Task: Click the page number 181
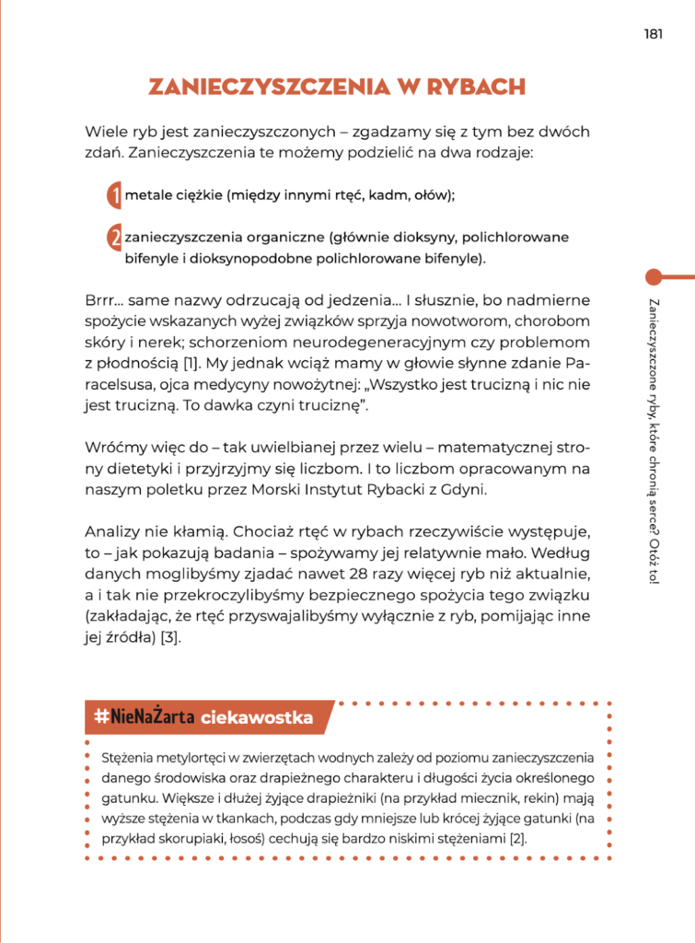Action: click(654, 34)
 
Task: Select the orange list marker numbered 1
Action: click(114, 195)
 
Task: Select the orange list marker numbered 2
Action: click(114, 239)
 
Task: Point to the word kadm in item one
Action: click(369, 195)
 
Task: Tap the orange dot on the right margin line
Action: click(654, 276)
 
